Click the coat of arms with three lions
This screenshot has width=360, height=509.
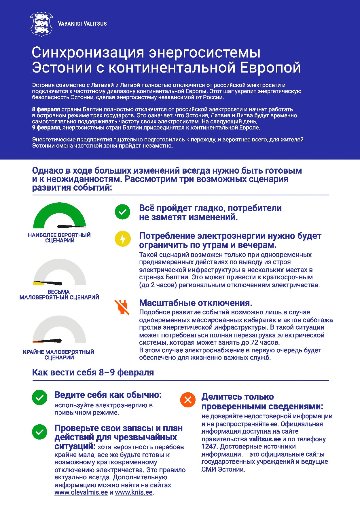41,24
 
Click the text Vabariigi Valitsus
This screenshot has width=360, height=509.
82,24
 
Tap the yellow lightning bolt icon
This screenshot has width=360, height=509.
123,239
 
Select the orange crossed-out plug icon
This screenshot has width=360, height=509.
122,307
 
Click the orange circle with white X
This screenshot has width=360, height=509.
188,400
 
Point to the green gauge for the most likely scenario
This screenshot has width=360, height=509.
60,216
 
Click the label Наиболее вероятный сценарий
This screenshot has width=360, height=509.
59,238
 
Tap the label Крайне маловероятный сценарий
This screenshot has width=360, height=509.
59,355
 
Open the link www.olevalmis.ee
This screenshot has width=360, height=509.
81,492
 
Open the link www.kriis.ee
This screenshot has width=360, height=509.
134,492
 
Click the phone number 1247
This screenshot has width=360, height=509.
209,447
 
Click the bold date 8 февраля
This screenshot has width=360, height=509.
46,109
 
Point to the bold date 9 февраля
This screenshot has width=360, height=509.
46,128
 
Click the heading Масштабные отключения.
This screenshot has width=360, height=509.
196,303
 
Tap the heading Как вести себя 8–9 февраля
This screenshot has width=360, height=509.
93,372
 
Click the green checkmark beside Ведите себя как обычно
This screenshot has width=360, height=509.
40,398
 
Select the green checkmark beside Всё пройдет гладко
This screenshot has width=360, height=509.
123,212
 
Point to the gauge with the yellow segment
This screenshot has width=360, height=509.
60,273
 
